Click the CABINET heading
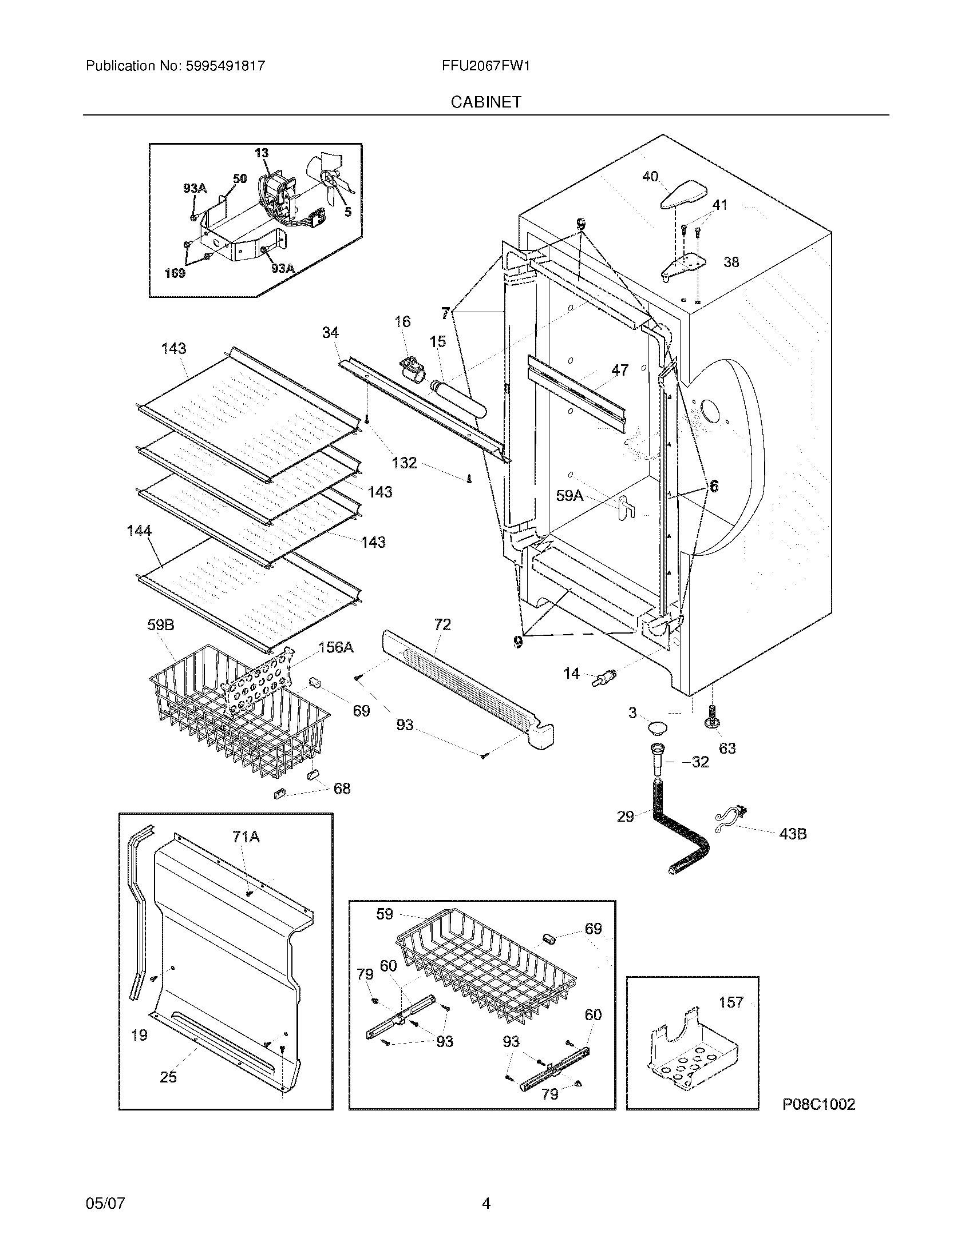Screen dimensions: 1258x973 tap(485, 102)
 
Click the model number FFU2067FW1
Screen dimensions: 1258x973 tap(485, 66)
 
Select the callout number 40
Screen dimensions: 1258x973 tap(650, 177)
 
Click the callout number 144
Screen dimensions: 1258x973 tap(139, 531)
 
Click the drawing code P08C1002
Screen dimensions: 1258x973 tap(818, 1104)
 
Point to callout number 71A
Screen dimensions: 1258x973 tap(246, 837)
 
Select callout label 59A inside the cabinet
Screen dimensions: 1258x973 tap(569, 495)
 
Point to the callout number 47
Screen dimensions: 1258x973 tap(620, 370)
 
